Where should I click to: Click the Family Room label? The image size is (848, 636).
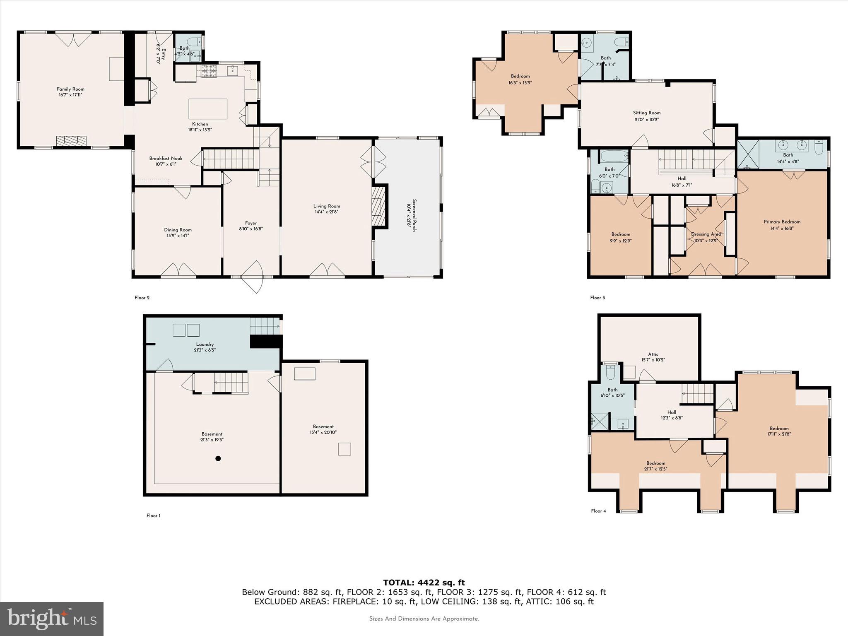pos(70,89)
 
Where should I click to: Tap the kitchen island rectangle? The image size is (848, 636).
pos(208,109)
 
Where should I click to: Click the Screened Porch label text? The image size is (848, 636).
pos(412,215)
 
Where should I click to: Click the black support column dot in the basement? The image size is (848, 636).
pos(218,458)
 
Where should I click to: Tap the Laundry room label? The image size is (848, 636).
pos(205,344)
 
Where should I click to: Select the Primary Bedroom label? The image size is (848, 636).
pos(782,222)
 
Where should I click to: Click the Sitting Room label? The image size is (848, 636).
pos(646,113)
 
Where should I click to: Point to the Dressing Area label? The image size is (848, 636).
pos(706,234)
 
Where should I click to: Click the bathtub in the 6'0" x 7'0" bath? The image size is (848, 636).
pos(614,156)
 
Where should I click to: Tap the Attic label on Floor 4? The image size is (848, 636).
pos(653,354)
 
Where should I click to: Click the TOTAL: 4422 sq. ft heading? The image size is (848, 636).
pos(424,583)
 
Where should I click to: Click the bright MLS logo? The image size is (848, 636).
pos(51,619)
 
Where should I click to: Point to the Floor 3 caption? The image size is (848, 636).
pos(597,298)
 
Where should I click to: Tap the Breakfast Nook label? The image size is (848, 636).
pos(166,159)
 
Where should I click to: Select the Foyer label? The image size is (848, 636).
pos(251,223)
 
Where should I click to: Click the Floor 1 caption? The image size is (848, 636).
pos(153,516)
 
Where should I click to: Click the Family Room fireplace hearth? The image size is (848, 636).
pos(72,141)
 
